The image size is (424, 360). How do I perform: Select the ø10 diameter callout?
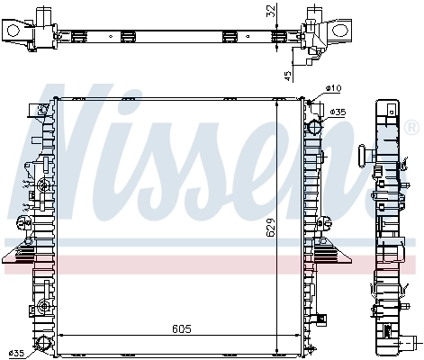point(333,88)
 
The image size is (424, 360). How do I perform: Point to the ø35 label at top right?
point(338,112)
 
